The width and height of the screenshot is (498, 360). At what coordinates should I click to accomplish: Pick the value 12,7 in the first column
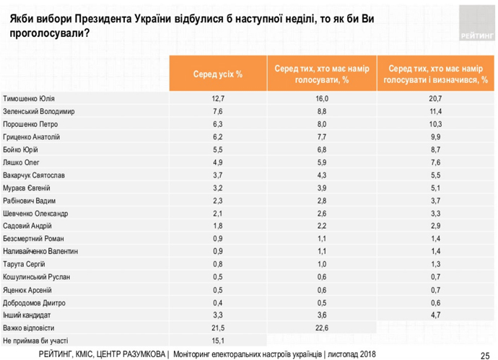click(218, 98)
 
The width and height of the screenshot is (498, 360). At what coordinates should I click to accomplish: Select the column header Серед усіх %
click(218, 74)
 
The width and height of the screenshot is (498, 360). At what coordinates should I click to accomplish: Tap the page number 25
click(484, 354)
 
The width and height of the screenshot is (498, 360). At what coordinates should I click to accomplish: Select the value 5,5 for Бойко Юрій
click(218, 149)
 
